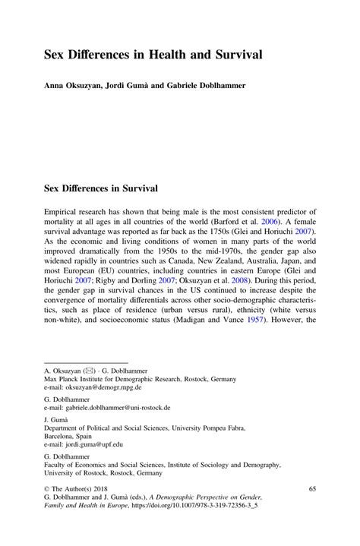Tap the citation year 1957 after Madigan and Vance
pyautogui.click(x=264, y=314)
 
